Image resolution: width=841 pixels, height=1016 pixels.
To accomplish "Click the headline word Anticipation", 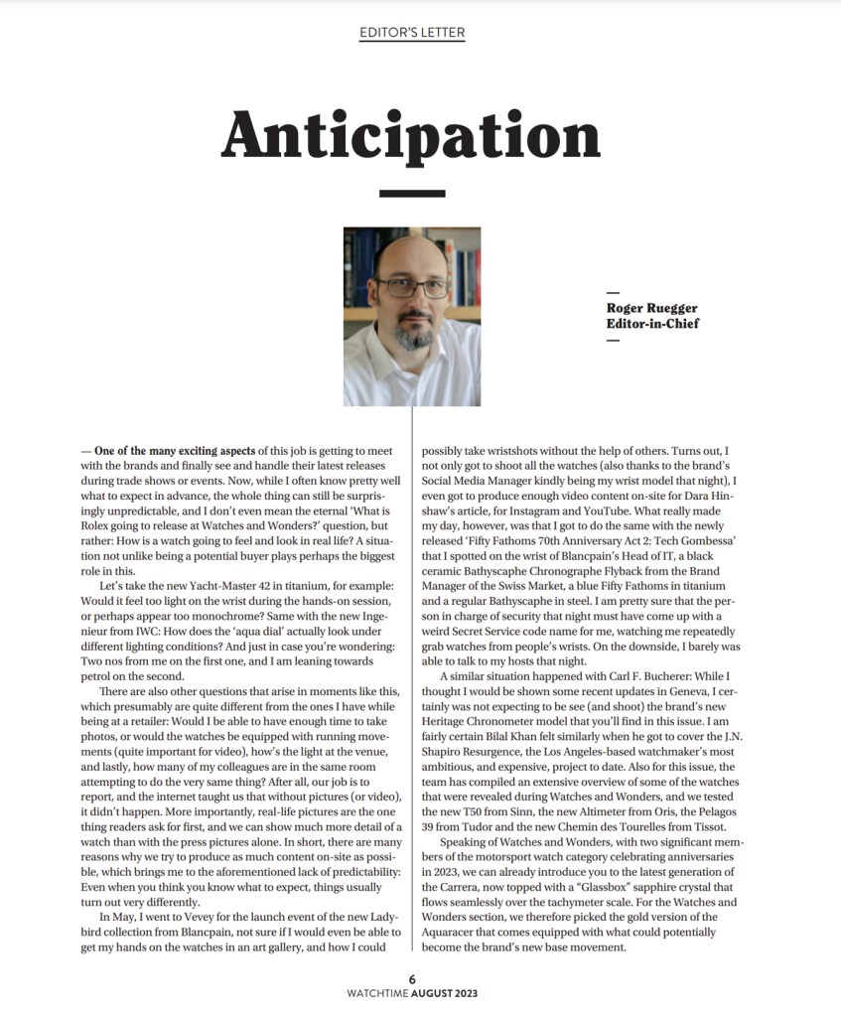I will (411, 132).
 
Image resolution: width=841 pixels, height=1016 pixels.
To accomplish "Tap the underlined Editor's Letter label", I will (412, 33).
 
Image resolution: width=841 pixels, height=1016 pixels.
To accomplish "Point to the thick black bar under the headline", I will (412, 194).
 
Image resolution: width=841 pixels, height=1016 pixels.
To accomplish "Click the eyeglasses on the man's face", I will (411, 288).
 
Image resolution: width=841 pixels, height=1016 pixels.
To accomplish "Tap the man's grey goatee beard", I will (413, 336).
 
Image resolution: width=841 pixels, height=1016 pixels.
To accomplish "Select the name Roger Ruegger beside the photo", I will (651, 308).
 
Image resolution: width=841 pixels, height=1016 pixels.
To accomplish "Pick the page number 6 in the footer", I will (412, 978).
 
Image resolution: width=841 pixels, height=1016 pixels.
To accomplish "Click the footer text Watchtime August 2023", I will (412, 992).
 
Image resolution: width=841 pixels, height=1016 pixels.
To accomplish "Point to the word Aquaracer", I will (459, 933).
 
